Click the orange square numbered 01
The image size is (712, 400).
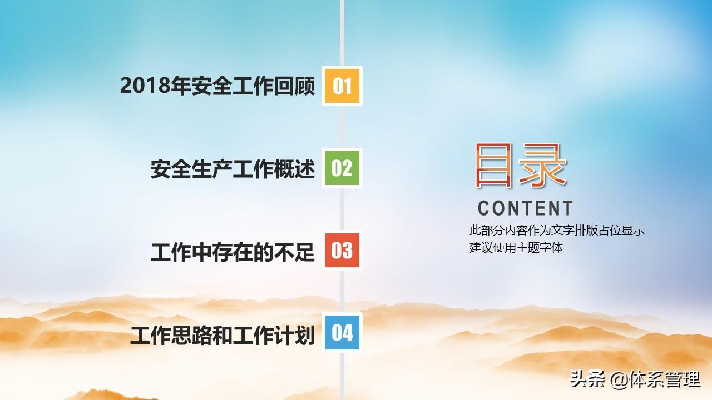point(342,86)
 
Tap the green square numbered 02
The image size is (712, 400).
point(342,168)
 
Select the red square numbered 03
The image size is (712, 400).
point(342,250)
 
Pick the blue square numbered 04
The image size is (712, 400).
point(342,332)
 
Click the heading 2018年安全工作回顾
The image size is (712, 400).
point(217,86)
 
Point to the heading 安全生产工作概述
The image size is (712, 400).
point(233,168)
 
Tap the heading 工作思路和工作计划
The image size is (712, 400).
point(223,335)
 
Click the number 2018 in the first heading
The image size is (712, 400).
point(145,86)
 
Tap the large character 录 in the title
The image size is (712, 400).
point(543,165)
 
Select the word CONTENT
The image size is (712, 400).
point(525,208)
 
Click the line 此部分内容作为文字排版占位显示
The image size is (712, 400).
point(557,231)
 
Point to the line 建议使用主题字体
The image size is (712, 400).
point(516,248)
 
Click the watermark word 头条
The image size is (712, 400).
point(587,379)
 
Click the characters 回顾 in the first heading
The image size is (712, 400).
point(294,86)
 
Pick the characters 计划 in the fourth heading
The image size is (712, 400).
point(294,335)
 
